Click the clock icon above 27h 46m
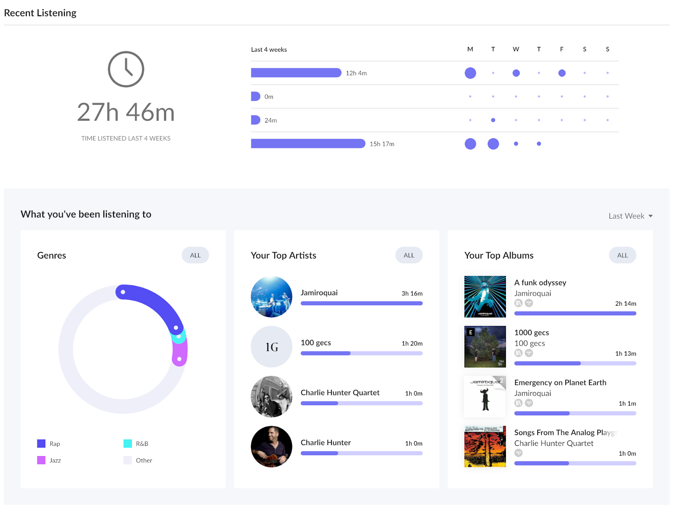126,69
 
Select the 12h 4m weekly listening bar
296,73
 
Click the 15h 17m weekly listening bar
308,144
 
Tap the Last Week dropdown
630,216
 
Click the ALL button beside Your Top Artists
408,255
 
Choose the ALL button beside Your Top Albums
622,255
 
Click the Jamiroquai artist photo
271,297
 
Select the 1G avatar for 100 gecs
271,347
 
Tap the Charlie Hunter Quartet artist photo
271,396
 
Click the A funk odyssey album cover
485,297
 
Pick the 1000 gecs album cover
485,347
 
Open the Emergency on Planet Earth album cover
485,396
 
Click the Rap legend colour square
41,443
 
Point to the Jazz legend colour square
41,460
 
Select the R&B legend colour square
128,443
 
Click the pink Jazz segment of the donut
180,352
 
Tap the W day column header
516,49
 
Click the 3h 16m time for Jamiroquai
412,293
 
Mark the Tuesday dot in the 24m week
493,120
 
